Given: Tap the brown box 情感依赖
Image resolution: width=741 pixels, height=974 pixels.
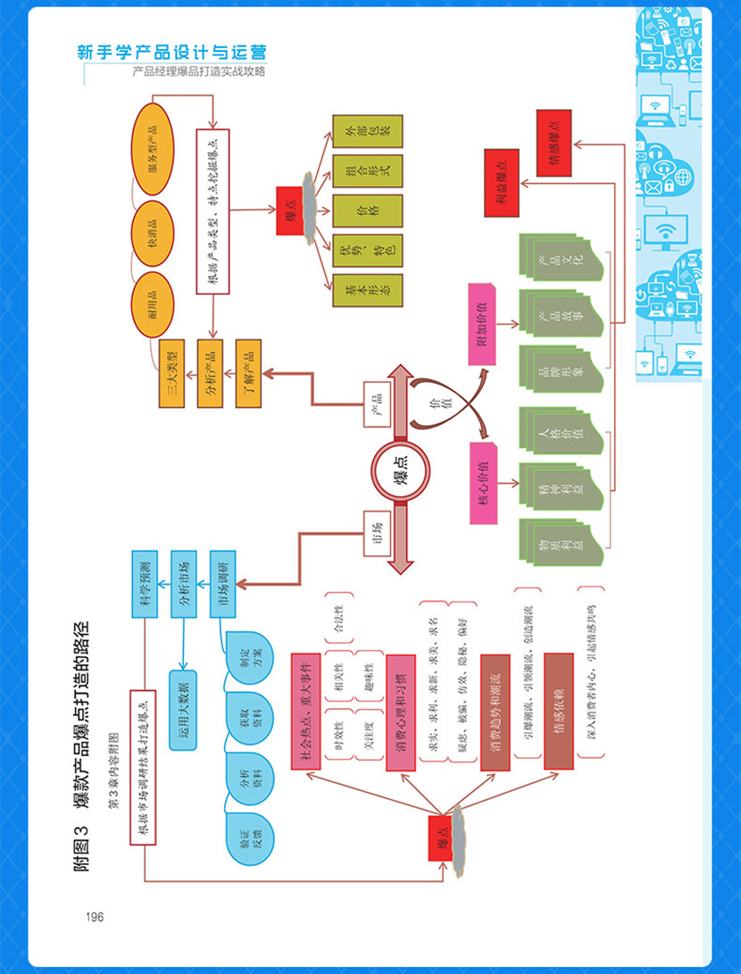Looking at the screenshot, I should click(x=558, y=711).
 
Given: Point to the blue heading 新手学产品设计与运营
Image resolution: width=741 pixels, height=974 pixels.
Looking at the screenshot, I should click(x=172, y=53).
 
